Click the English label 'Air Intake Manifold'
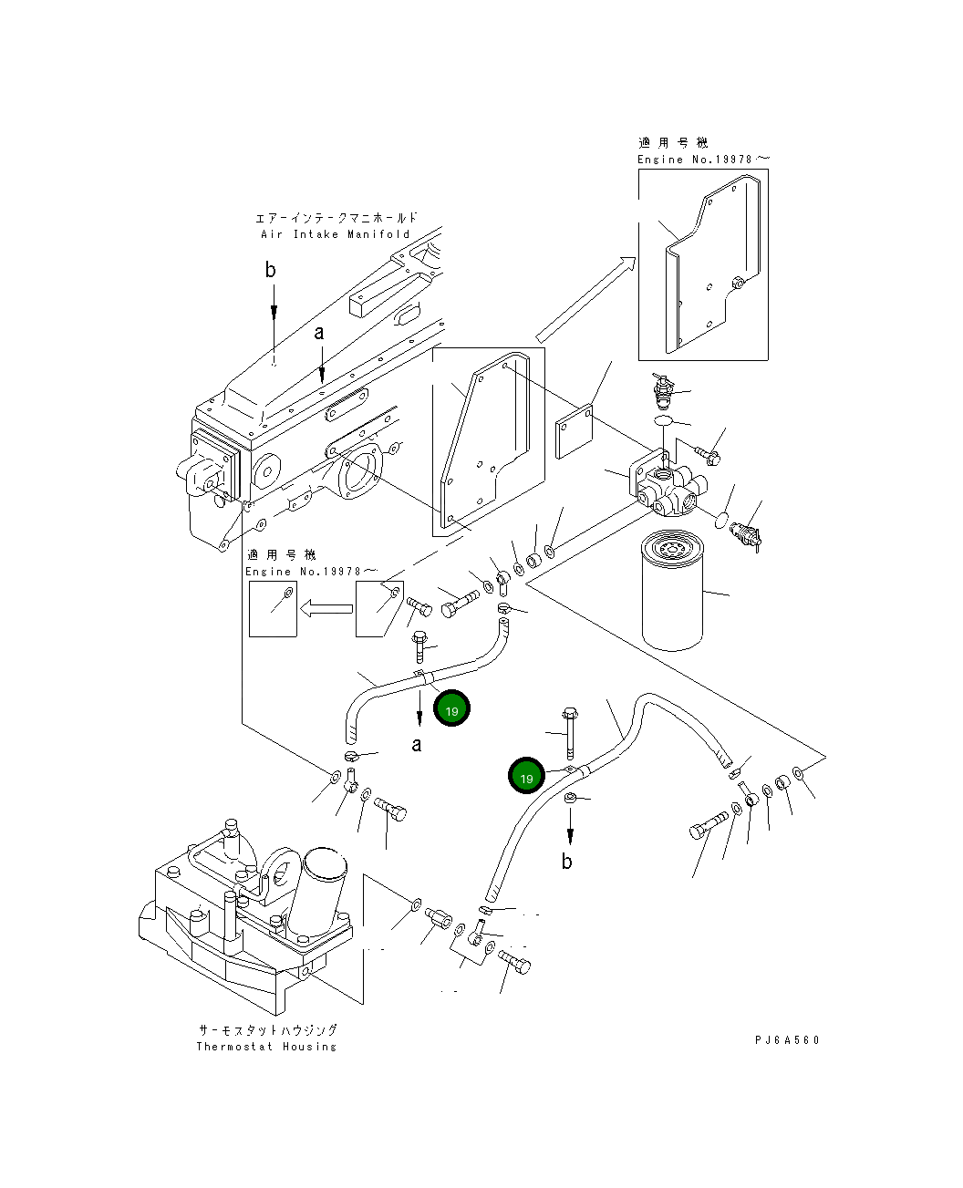point(335,234)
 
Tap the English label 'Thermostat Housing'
point(266,1046)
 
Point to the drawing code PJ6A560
point(787,1039)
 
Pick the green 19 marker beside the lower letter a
point(451,709)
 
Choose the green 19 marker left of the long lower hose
point(526,777)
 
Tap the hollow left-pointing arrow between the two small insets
point(326,608)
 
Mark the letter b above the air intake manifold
point(270,270)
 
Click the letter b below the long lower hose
point(566,862)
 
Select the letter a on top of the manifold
point(319,333)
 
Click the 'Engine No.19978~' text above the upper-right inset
point(702,160)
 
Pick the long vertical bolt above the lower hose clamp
point(570,733)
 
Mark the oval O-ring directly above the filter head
point(666,420)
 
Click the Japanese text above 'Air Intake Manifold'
point(336,218)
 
